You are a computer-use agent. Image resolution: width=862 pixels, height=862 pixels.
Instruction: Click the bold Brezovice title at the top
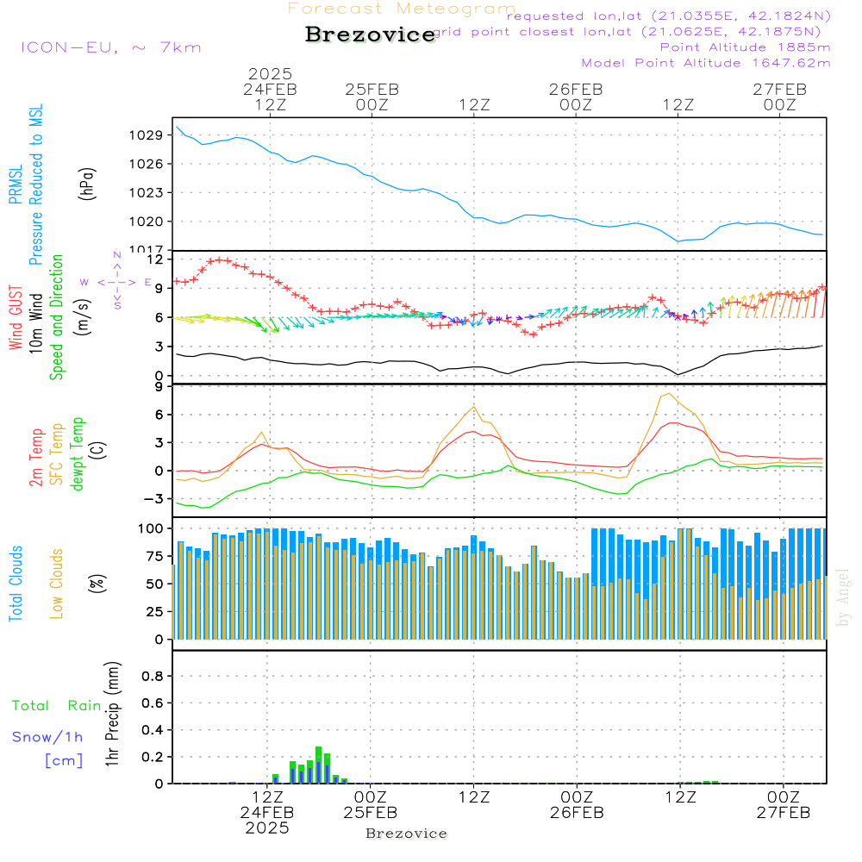click(370, 34)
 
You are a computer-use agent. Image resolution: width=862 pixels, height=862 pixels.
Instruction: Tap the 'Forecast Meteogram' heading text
click(402, 9)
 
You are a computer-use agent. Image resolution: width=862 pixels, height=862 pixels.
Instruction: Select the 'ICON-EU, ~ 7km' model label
click(110, 47)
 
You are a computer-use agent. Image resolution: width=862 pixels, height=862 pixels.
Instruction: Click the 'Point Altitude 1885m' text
click(745, 47)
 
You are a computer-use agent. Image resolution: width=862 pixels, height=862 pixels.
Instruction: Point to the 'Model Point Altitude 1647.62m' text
click(706, 63)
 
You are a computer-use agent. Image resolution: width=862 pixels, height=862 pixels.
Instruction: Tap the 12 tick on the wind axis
click(157, 259)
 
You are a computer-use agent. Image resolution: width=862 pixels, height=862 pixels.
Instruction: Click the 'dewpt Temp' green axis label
click(78, 453)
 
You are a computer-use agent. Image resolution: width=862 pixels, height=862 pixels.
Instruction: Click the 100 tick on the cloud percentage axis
click(152, 528)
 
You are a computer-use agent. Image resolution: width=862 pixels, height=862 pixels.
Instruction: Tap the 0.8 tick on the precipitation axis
click(153, 676)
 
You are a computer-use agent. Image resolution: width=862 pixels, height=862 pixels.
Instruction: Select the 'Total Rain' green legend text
click(56, 705)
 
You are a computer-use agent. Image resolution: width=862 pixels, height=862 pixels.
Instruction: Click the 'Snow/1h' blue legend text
click(48, 737)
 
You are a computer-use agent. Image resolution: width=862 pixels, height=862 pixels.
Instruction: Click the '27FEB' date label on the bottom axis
click(783, 813)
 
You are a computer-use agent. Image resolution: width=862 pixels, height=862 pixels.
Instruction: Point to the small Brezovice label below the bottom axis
click(406, 834)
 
